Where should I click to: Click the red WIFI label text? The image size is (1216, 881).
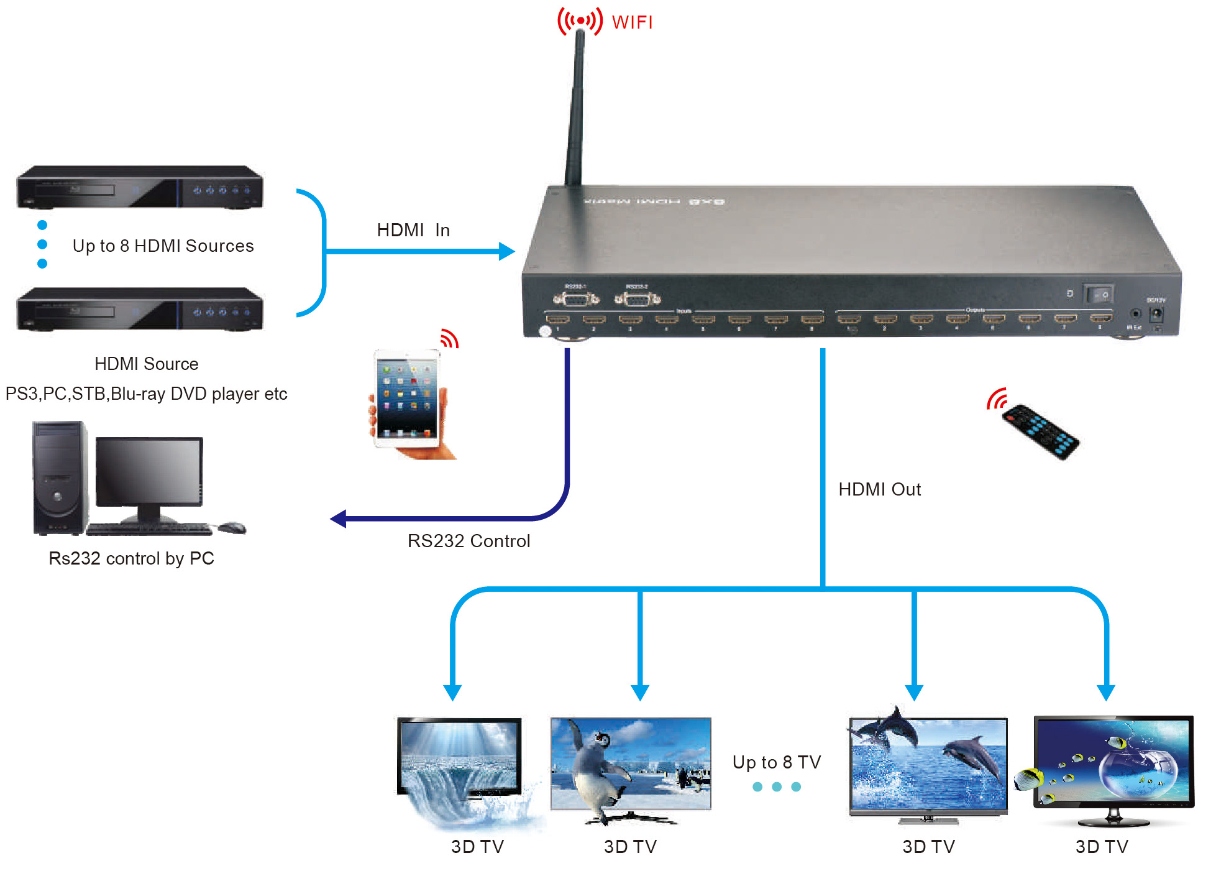[632, 22]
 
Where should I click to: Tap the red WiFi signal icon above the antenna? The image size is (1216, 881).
[580, 21]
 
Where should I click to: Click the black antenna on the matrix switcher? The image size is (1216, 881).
[575, 112]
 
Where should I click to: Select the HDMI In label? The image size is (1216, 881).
[413, 230]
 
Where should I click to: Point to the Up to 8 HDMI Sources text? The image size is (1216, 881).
[163, 246]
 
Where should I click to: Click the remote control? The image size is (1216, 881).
[1041, 431]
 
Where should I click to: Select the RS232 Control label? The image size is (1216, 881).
[469, 541]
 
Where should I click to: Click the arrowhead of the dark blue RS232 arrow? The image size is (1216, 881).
[339, 519]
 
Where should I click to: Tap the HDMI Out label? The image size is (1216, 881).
[879, 489]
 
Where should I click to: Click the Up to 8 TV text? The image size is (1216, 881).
[777, 762]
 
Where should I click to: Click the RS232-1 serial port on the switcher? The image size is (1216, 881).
[576, 299]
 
